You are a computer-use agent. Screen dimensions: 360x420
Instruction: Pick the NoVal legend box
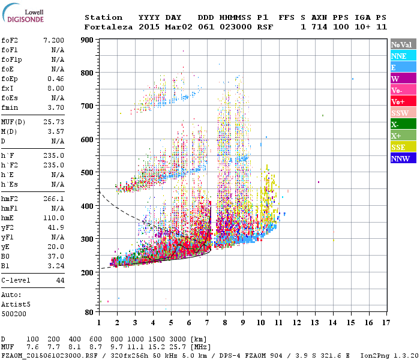403,44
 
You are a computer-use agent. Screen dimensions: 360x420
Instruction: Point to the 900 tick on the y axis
88,40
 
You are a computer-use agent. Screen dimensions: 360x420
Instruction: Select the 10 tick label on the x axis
260,322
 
